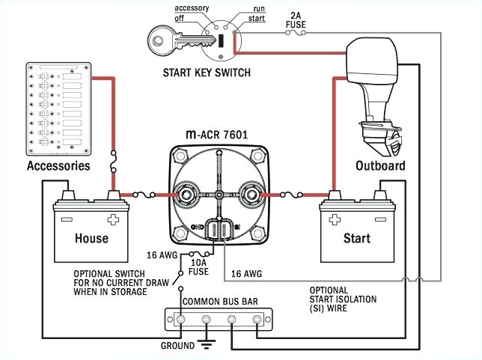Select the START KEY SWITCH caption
click(x=206, y=73)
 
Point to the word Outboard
click(x=380, y=165)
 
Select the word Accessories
click(x=58, y=165)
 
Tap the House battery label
click(x=91, y=238)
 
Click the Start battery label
click(x=356, y=238)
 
